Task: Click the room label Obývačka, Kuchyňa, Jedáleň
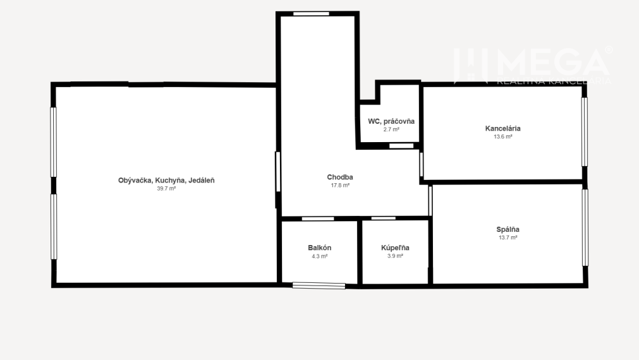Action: click(166, 180)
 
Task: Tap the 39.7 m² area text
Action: click(166, 188)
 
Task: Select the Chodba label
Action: click(340, 177)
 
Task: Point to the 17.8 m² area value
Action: click(340, 186)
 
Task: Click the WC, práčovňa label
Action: click(391, 121)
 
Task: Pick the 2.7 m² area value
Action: click(391, 129)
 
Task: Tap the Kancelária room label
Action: click(502, 128)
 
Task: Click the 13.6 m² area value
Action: click(502, 136)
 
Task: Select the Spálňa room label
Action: click(508, 229)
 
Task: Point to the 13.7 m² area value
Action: click(508, 237)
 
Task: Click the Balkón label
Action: click(320, 248)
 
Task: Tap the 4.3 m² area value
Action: click(320, 256)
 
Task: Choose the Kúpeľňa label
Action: click(395, 248)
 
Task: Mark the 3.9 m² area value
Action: click(395, 256)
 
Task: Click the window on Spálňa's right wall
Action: click(585, 227)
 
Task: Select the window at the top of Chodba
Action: click(311, 13)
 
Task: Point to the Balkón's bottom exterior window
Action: click(319, 286)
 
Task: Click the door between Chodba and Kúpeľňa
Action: click(384, 219)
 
